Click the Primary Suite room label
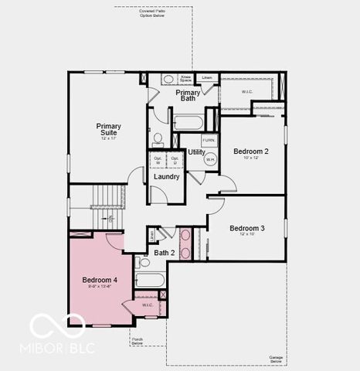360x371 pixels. point(109,129)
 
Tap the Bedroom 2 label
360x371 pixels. point(250,151)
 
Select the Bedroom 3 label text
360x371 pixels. point(246,228)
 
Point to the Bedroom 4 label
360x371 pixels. point(100,279)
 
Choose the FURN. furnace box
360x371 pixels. point(209,141)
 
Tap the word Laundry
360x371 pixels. point(166,177)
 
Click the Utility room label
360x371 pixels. point(196,152)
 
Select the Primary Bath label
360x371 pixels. point(188,95)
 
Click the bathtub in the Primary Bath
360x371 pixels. point(188,121)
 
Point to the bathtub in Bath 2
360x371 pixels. point(150,280)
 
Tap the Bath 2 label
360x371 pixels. point(164,253)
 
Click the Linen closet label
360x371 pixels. point(206,78)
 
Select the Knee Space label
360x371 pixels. point(186,79)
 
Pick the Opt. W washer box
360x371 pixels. point(158,162)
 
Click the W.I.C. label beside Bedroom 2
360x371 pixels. point(246,92)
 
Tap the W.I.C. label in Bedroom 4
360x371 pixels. point(148,305)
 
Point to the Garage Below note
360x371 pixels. point(276,359)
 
